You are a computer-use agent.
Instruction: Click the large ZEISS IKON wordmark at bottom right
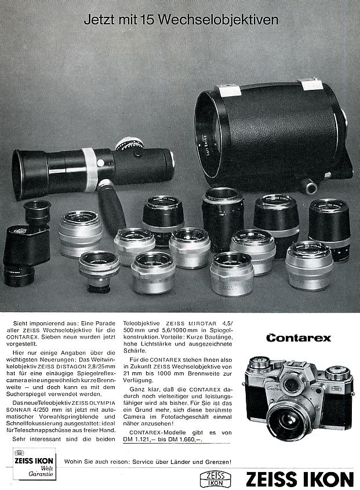(299, 480)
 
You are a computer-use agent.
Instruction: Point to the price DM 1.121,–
(146, 440)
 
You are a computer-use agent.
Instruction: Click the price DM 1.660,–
(191, 440)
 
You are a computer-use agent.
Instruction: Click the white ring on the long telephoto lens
(89, 169)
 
